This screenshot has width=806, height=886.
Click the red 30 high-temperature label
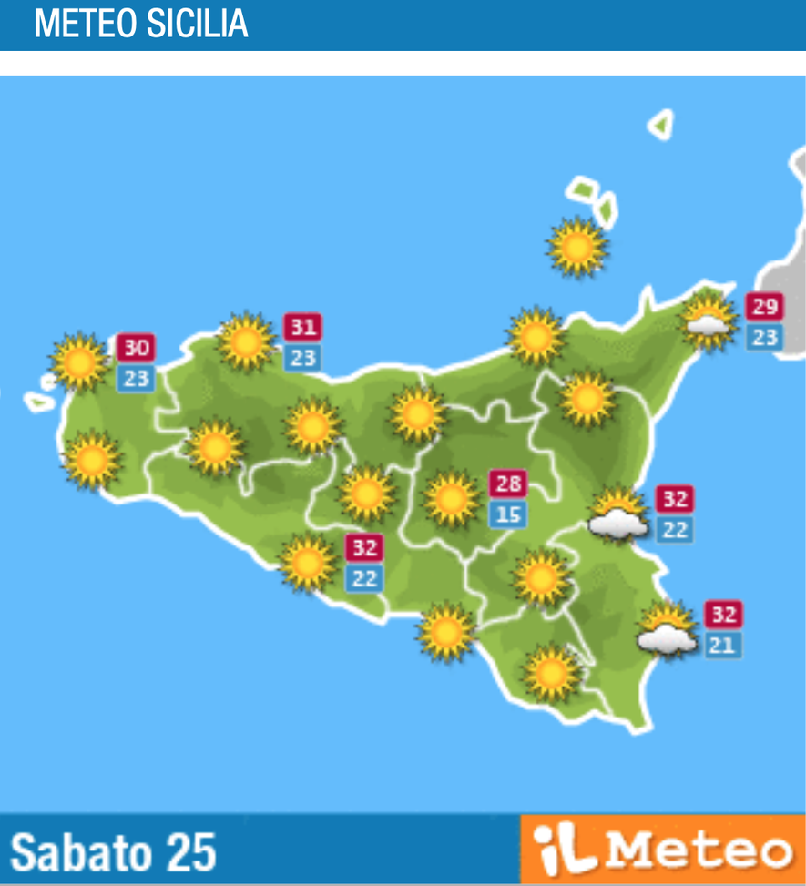136,348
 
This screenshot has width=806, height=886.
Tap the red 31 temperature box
302,327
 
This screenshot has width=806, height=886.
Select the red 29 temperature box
764,307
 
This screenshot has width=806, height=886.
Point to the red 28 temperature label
508,484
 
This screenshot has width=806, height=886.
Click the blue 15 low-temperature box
508,514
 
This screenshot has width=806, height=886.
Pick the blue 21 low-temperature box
723,646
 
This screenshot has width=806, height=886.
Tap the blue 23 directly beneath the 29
764,338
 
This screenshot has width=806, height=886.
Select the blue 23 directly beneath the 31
302,358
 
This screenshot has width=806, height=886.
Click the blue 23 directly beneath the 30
136,379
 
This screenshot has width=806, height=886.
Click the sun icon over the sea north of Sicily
576,246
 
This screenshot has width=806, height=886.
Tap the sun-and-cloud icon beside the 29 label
709,320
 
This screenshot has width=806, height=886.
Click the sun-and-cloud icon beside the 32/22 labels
619,514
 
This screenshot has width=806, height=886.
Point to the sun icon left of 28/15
451,498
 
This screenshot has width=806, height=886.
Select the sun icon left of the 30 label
79,362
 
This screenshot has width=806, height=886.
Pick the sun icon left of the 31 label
246,341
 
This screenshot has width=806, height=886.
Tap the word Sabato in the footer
80,852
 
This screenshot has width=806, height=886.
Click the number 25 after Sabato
190,852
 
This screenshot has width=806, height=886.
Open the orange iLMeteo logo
662,850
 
